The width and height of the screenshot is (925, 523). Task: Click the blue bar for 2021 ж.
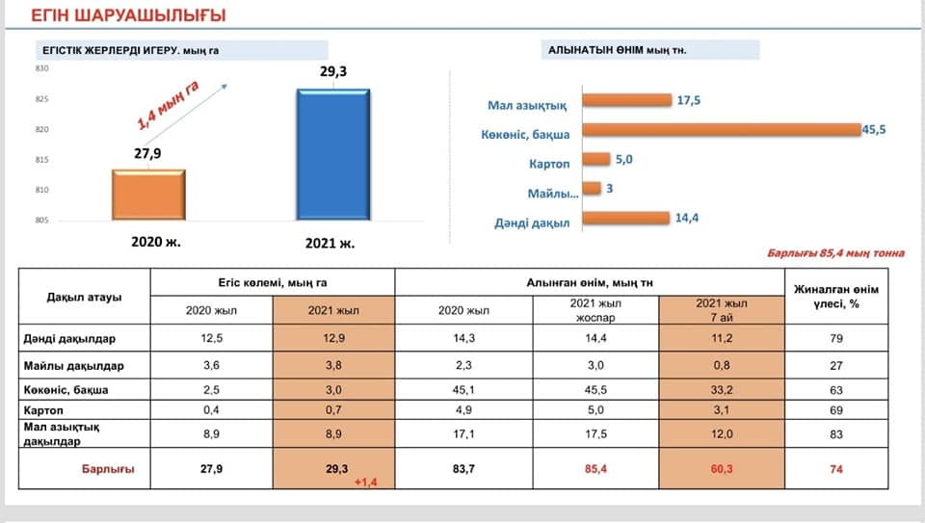[x=332, y=154]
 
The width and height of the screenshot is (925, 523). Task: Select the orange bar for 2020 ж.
[x=149, y=195]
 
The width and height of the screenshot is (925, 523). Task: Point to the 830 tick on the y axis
[x=41, y=68]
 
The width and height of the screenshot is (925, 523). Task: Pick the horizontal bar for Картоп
[x=596, y=160]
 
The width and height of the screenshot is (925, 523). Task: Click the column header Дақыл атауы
[x=84, y=297]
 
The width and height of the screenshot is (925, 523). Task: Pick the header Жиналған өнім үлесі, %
[x=835, y=296]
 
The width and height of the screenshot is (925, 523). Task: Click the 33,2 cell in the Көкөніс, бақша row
[x=722, y=390]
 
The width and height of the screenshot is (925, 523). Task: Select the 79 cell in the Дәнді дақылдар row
[x=835, y=338]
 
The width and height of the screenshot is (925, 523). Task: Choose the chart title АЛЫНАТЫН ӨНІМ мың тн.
[x=617, y=49]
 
